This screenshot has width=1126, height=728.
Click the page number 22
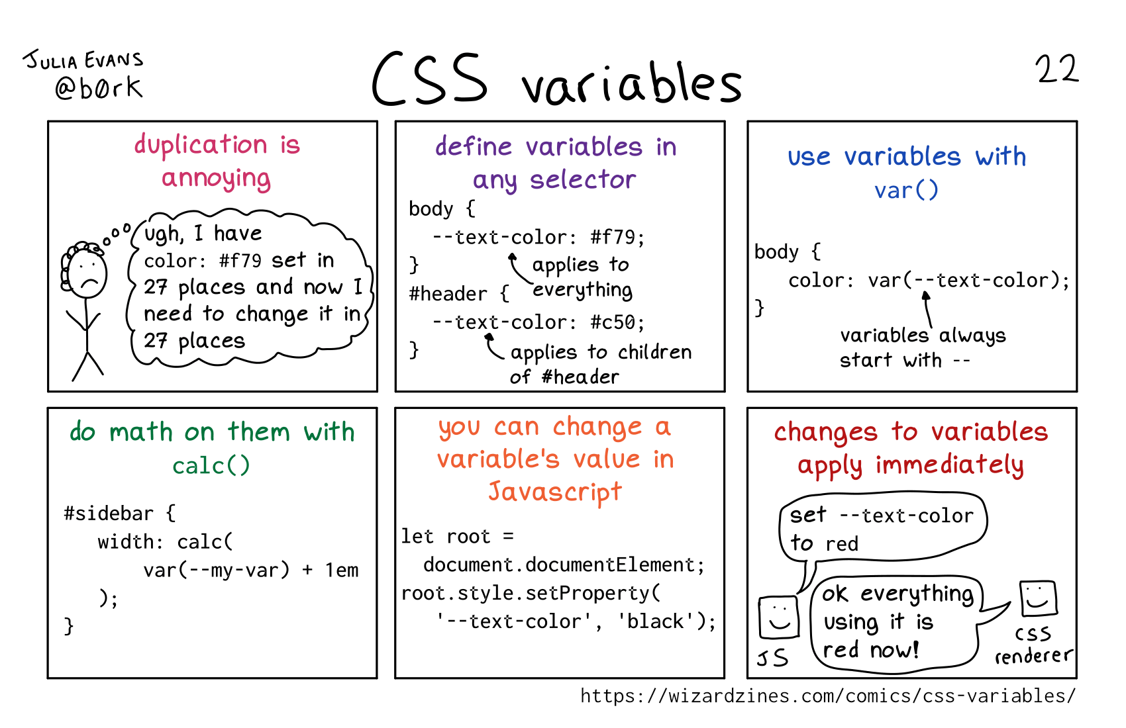coord(1056,69)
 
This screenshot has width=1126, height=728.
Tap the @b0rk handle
coord(99,87)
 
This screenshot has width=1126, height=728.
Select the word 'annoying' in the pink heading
coord(216,179)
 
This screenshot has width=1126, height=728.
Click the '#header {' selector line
coord(459,294)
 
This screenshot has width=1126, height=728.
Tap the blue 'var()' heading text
coord(906,191)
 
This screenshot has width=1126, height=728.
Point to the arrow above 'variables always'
coord(927,310)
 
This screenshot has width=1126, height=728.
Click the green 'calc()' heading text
coord(211,466)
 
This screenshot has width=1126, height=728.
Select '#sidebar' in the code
coord(109,514)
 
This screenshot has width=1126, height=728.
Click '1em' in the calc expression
coord(342,570)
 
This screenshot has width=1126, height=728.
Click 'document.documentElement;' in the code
coord(564,565)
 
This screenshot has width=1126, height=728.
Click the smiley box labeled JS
coord(778,617)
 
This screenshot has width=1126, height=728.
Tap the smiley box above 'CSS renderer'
coord(1039,598)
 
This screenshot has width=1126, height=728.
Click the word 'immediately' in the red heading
coord(950,465)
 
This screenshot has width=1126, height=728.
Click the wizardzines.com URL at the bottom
coord(828,696)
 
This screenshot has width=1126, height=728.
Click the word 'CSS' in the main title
coord(430,79)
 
